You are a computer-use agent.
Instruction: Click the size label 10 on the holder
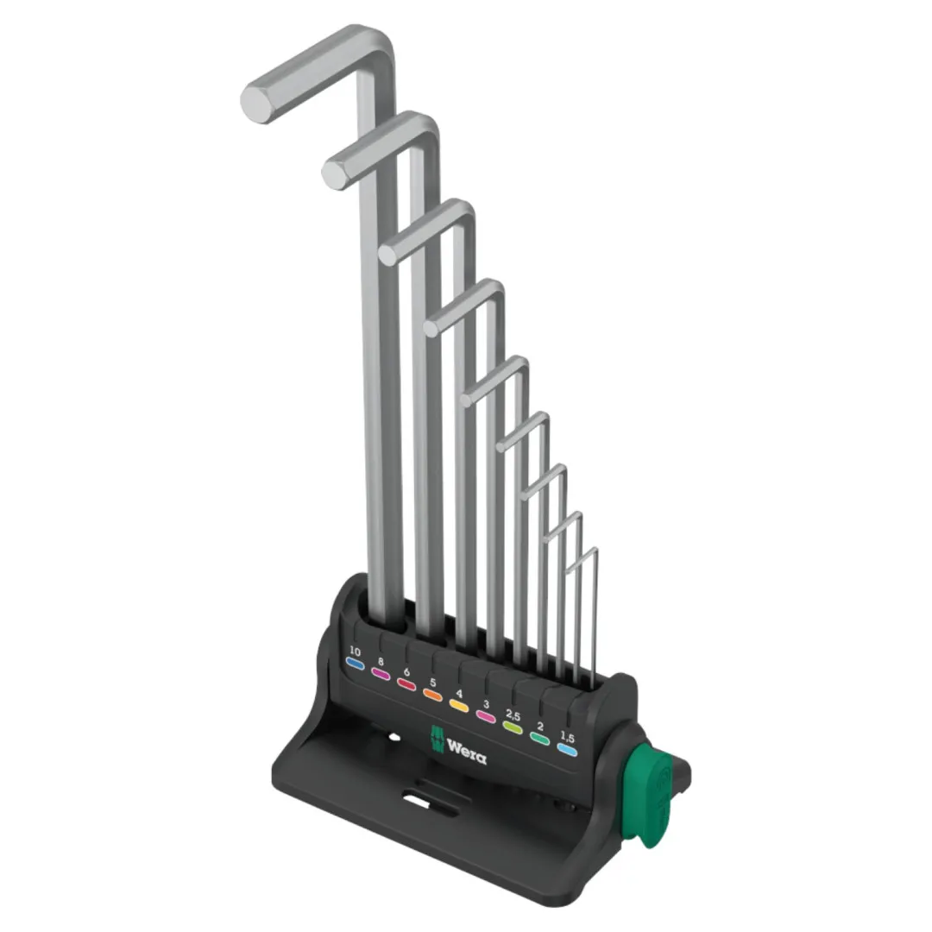point(355,651)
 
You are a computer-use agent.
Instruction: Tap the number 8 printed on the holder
point(381,662)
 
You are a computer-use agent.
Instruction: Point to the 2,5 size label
point(513,715)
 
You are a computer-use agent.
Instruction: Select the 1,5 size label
point(567,738)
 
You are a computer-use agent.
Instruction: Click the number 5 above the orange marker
point(432,683)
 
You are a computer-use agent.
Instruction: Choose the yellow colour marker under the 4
point(459,706)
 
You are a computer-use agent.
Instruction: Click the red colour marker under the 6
point(406,684)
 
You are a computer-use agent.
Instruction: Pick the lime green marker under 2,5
point(513,727)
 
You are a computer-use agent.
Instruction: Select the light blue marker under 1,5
point(567,750)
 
